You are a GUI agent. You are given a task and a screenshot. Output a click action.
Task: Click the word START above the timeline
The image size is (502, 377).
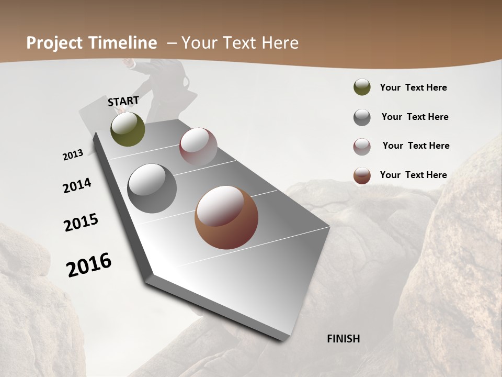pos(123,101)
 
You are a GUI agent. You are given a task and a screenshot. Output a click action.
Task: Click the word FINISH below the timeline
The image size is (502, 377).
pos(343,339)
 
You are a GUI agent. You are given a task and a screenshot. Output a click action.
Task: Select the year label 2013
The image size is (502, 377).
pos(73,155)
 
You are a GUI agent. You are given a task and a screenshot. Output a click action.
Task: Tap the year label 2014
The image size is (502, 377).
pos(77,185)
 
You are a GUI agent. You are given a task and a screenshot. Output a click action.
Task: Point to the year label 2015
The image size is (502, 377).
pos(81,222)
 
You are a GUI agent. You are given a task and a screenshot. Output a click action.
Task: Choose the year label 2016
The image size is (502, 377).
pos(89,265)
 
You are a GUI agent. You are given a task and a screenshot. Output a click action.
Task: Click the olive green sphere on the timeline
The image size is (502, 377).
pos(128,129)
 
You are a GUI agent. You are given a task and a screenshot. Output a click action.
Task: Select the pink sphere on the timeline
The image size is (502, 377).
pos(198,147)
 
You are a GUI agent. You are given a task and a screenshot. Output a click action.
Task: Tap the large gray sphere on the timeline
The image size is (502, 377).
pos(152,188)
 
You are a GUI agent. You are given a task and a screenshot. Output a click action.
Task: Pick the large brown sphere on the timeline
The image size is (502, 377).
pos(226,218)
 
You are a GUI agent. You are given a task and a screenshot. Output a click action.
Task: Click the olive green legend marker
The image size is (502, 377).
pos(362,87)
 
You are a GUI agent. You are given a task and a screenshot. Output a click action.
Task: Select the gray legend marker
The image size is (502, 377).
pos(362,117)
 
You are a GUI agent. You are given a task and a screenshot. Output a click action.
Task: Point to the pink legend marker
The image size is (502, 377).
pos(362,146)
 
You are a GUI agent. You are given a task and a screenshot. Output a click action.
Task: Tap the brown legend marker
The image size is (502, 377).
pos(362,175)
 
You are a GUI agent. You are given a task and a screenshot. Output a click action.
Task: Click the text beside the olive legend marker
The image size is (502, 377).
pos(413,88)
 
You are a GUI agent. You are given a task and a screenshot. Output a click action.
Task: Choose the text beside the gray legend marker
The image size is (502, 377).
pos(415,117)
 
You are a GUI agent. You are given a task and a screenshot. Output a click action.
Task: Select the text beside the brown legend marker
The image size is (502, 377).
pos(413,175)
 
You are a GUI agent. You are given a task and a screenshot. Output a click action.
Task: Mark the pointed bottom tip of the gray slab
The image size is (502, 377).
pos(285,339)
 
